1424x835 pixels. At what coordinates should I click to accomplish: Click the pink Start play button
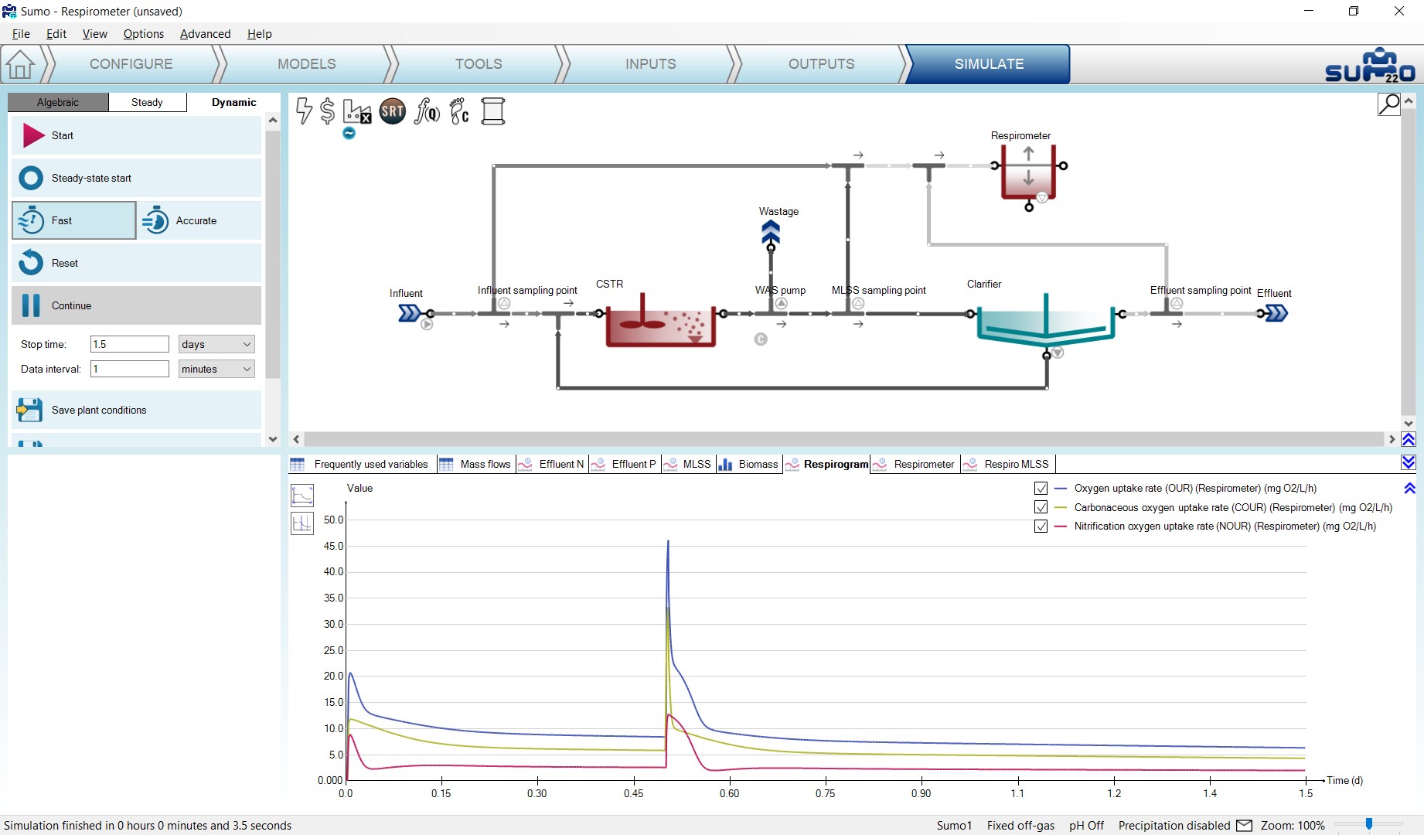[x=33, y=135]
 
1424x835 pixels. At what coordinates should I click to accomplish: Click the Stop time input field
[x=130, y=344]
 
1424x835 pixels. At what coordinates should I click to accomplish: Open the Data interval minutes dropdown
[x=216, y=369]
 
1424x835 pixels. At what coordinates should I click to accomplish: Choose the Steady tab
[x=147, y=102]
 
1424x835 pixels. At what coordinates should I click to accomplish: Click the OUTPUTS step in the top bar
[x=821, y=64]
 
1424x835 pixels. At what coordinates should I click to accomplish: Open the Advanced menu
[x=205, y=34]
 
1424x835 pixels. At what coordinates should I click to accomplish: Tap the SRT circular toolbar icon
[x=393, y=111]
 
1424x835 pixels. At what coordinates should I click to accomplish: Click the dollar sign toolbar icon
[x=327, y=111]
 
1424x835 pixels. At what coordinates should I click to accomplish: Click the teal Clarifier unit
[x=1045, y=325]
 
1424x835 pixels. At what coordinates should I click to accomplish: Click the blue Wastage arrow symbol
[x=771, y=231]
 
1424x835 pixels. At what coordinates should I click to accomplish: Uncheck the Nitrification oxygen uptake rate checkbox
[x=1041, y=527]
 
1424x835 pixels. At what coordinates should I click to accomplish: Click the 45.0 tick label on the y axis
[x=333, y=546]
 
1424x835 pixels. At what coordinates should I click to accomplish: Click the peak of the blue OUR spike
[x=668, y=541]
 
